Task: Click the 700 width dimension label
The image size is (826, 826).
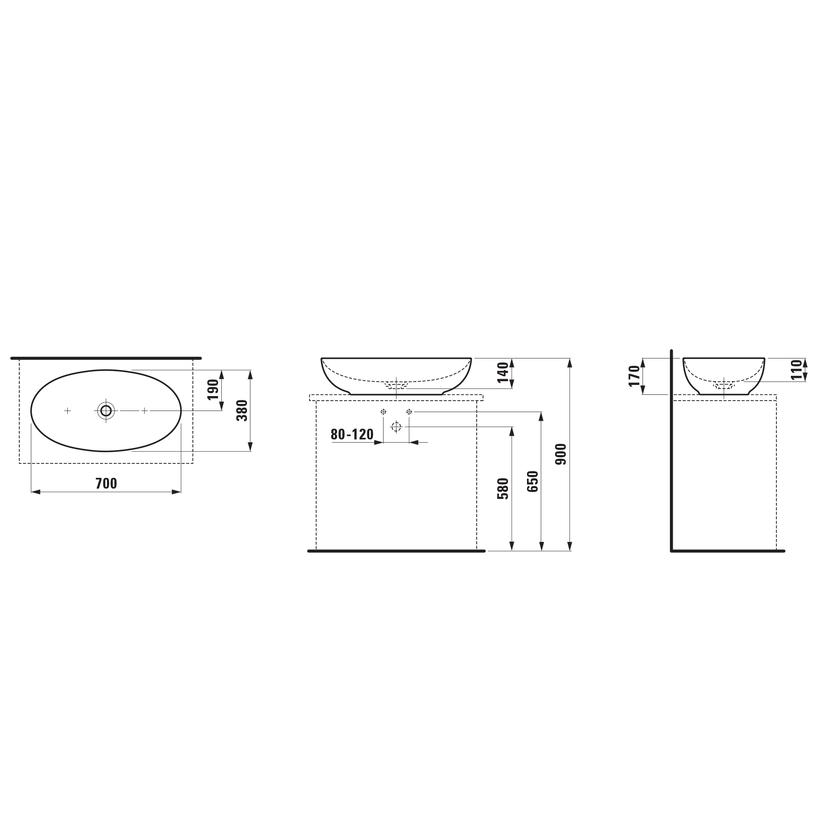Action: click(x=106, y=484)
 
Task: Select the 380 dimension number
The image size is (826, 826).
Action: click(x=242, y=411)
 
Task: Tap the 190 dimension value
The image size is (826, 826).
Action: click(x=213, y=389)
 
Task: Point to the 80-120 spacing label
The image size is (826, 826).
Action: click(x=352, y=434)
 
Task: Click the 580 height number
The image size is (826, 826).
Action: click(x=503, y=489)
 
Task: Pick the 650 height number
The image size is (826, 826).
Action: click(x=533, y=482)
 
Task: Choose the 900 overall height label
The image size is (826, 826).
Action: click(x=561, y=454)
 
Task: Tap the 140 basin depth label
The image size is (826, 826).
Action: click(x=503, y=373)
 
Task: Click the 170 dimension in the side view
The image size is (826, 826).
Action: click(x=634, y=376)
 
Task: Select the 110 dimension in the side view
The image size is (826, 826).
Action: click(x=797, y=370)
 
